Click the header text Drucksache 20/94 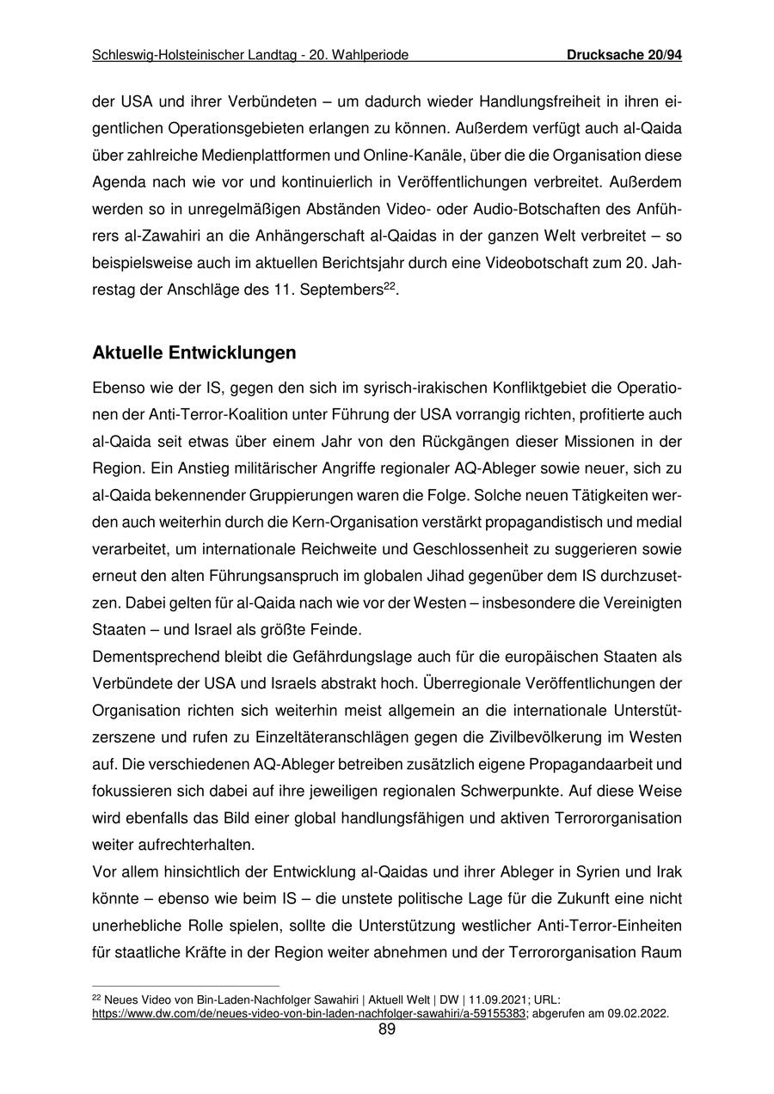(624, 56)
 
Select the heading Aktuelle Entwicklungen (194, 353)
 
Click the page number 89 (387, 1030)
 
